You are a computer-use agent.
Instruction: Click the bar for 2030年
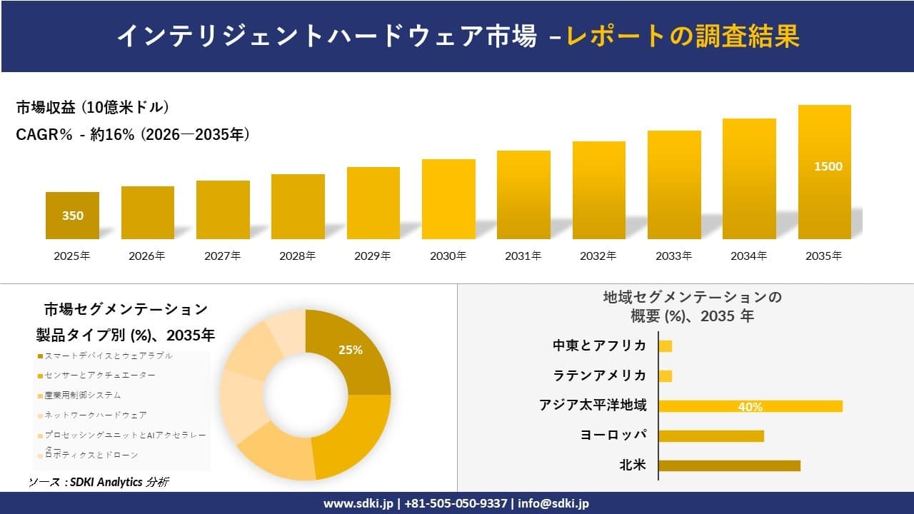point(448,199)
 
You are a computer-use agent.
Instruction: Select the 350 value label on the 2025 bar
point(72,216)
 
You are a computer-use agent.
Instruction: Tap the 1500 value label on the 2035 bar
point(828,166)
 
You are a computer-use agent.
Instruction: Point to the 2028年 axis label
point(298,256)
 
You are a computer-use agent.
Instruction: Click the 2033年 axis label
point(674,256)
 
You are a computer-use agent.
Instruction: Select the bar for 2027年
point(223,210)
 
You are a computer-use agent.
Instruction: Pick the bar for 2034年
point(749,178)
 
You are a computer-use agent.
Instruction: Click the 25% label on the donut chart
point(350,350)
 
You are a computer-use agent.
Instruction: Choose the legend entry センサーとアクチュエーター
point(99,375)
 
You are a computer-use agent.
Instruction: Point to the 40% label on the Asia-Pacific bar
point(750,407)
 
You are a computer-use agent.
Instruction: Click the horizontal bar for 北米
point(729,465)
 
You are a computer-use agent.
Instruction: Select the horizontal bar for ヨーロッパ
point(711,435)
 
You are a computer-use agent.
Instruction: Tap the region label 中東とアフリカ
point(599,346)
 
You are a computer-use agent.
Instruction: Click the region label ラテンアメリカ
point(599,376)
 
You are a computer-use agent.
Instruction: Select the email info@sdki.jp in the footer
point(554,503)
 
